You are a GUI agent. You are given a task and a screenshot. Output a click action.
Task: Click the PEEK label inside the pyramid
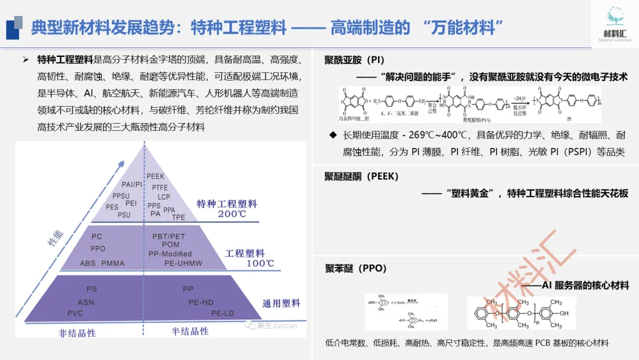point(156,176)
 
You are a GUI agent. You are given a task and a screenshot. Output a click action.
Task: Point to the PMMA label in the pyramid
point(113,263)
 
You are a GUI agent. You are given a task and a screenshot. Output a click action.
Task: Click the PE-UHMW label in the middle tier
point(183,263)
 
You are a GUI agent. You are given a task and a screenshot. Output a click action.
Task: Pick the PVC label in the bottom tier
point(75,313)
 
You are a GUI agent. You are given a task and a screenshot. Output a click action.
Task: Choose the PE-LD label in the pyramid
point(224,313)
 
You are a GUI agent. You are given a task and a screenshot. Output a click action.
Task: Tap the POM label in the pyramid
point(170,245)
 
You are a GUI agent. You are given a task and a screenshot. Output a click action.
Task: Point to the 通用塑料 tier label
point(282,304)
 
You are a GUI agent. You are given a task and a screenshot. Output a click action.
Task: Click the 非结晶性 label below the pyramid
point(77,333)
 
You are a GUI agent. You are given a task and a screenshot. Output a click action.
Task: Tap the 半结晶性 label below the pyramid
point(190,332)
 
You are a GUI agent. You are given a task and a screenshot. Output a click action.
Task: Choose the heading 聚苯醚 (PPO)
point(356,268)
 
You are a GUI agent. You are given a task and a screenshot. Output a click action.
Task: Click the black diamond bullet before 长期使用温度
point(333,136)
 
